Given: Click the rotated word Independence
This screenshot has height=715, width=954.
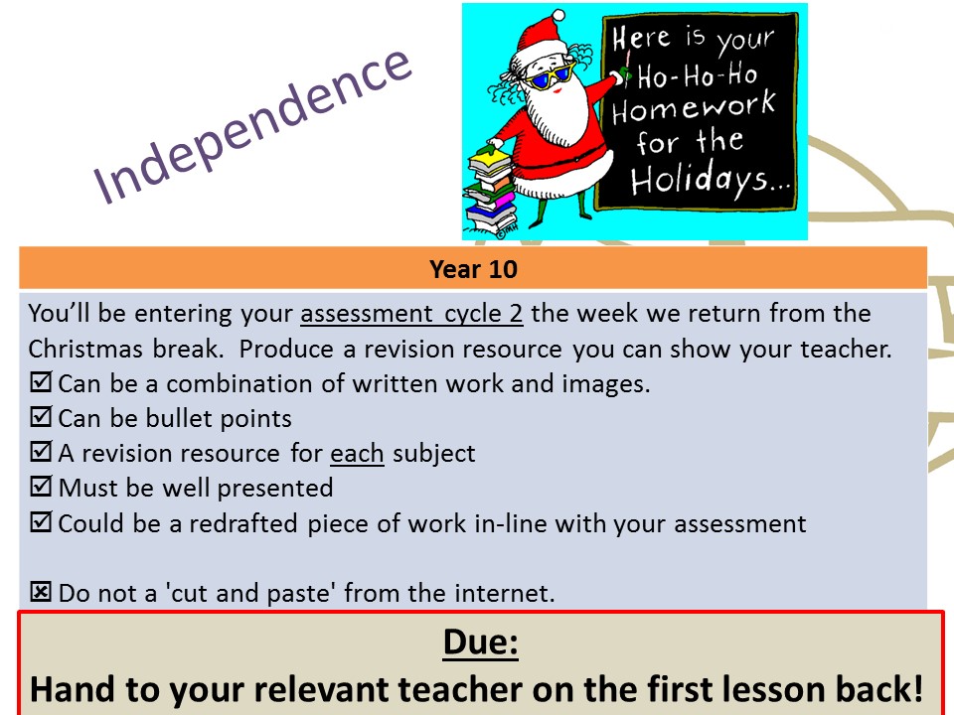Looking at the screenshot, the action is [x=252, y=125].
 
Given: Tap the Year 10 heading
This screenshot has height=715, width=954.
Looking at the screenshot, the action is [x=473, y=269].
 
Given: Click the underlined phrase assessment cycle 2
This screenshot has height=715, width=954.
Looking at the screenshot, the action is [x=411, y=314].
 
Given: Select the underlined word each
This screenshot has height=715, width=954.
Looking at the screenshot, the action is [x=357, y=454].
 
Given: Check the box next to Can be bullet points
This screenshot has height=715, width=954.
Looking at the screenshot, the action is [x=41, y=417].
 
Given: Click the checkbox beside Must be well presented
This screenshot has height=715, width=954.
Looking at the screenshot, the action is [x=41, y=487].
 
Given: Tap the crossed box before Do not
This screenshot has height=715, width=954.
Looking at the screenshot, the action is [x=41, y=592].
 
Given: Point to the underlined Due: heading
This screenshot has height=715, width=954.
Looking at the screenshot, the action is [x=481, y=642].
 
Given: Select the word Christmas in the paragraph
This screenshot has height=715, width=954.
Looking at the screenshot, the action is [x=85, y=349].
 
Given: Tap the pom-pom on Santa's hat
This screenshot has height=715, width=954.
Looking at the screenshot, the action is [x=557, y=17].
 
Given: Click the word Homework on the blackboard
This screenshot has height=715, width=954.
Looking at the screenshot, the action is [x=695, y=107].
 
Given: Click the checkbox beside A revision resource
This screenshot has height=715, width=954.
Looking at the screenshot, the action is [x=41, y=452].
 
